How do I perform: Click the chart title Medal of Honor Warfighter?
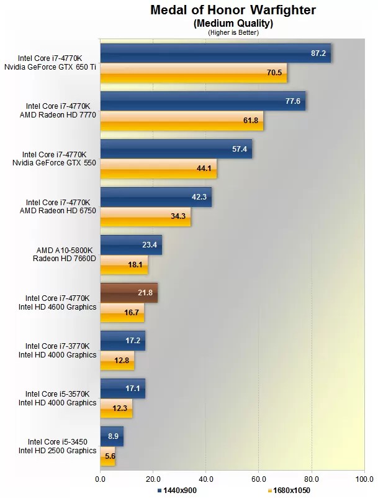(232, 10)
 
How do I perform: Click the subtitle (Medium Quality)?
(232, 23)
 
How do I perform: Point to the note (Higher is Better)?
(232, 32)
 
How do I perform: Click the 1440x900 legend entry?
(179, 491)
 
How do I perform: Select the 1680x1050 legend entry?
(290, 491)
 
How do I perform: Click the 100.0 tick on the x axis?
(364, 479)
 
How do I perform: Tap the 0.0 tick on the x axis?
(100, 479)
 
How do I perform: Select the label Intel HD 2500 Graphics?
(58, 451)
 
